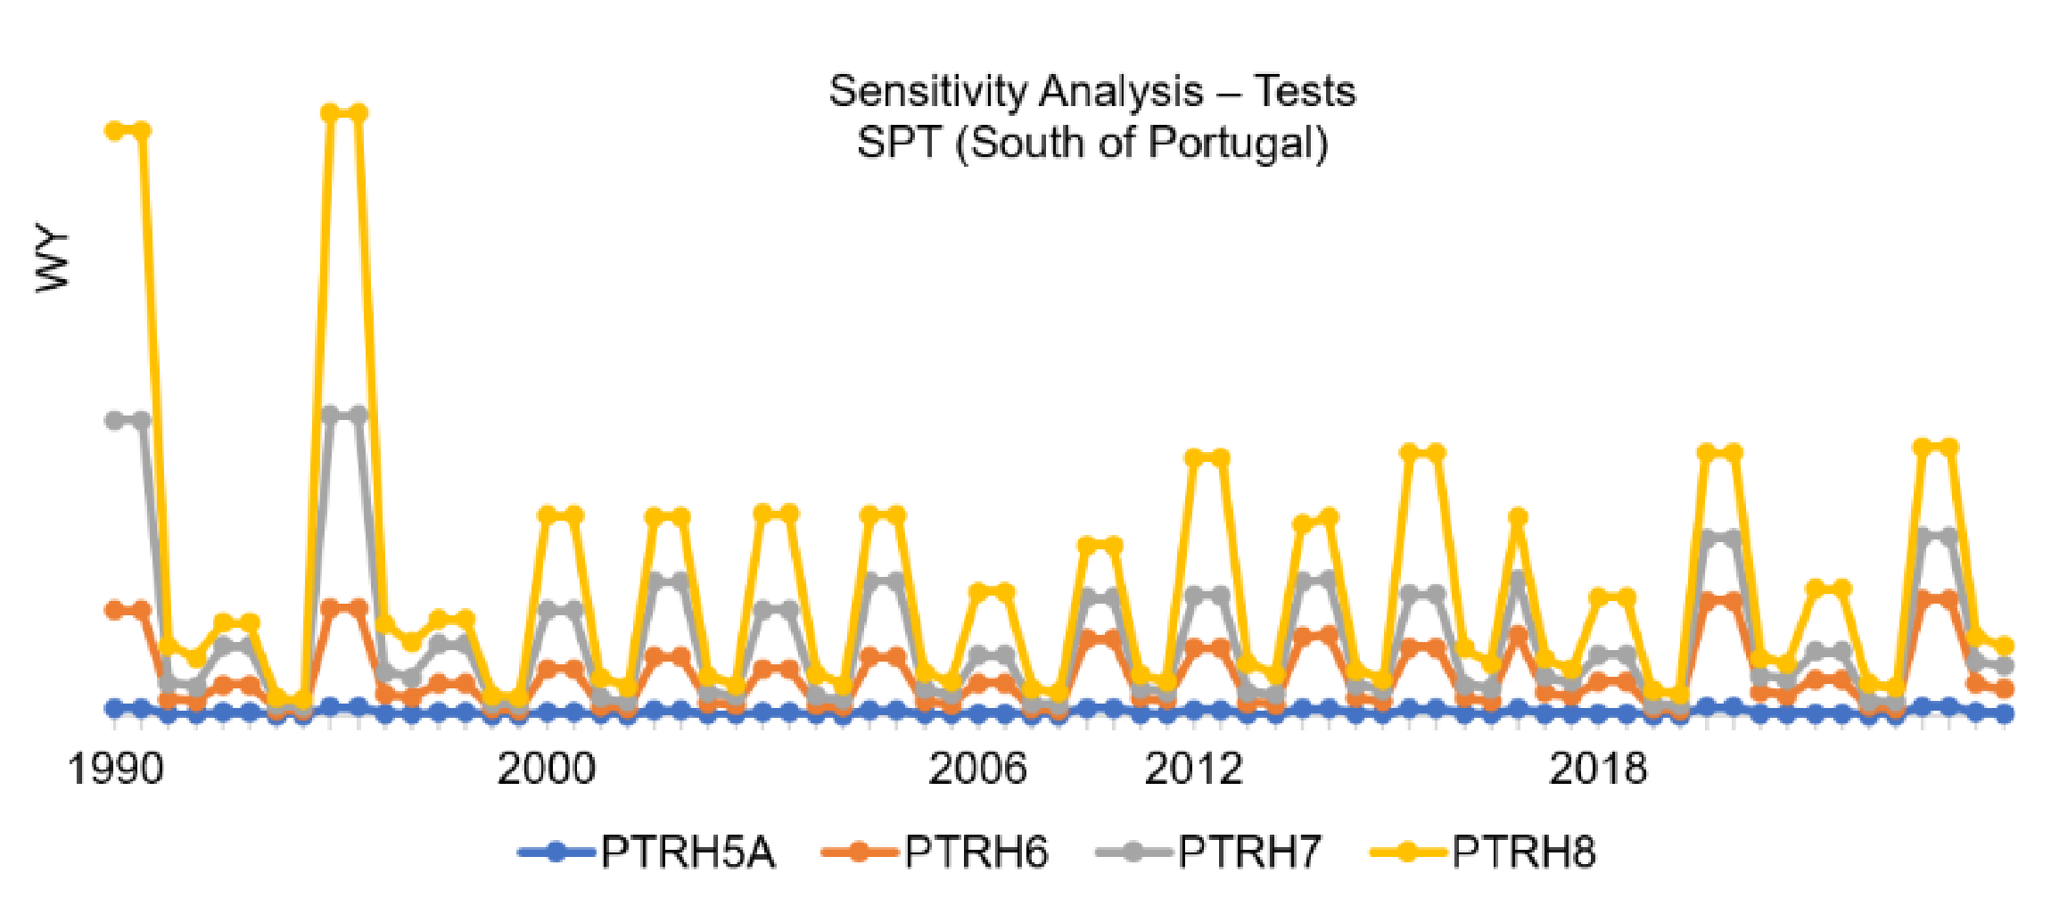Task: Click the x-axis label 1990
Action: click(115, 769)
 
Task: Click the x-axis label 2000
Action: click(546, 769)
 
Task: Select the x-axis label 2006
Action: click(977, 769)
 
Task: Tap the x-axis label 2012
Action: click(1193, 769)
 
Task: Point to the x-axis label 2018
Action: click(1597, 769)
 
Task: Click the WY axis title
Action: click(52, 260)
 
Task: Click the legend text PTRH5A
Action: click(688, 852)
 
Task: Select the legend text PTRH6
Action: click(976, 852)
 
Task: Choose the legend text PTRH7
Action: click(1249, 852)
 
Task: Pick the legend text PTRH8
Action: click(1523, 852)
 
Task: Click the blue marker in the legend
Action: click(556, 852)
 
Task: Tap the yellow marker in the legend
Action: click(1407, 852)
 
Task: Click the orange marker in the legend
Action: click(860, 852)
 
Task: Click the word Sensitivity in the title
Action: click(927, 92)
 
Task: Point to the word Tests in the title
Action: click(1305, 92)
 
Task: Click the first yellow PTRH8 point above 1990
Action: click(114, 131)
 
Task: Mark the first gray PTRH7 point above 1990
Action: click(114, 421)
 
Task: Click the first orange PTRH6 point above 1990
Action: click(114, 611)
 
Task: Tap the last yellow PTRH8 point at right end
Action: click(2004, 646)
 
